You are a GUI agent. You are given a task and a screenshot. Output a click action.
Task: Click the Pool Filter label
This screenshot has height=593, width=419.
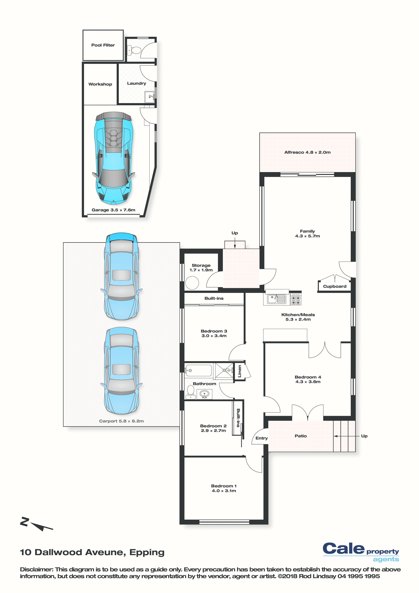click(x=103, y=45)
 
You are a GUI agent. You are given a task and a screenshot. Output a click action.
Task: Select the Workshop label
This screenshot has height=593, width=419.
click(x=100, y=84)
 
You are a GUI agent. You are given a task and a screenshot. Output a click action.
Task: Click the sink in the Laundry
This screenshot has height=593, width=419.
click(x=150, y=97)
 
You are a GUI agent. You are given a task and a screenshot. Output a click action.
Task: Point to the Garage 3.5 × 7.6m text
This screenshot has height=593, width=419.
click(x=113, y=210)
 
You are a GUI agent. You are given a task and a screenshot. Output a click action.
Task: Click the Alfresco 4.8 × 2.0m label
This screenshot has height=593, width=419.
click(x=307, y=152)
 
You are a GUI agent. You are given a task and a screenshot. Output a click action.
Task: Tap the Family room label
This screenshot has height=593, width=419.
click(x=307, y=233)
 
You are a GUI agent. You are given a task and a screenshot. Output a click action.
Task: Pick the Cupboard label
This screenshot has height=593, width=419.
click(x=335, y=286)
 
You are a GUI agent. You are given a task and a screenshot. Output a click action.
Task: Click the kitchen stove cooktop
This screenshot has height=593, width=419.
click(x=296, y=300)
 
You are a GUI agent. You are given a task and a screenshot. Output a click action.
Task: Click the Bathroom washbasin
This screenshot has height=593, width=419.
click(x=204, y=394)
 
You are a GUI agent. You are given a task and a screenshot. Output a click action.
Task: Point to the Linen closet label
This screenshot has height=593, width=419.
click(x=240, y=371)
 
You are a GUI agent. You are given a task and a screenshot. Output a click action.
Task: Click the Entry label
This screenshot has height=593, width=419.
click(x=262, y=438)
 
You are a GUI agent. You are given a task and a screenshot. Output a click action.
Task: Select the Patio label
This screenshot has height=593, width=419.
click(x=301, y=436)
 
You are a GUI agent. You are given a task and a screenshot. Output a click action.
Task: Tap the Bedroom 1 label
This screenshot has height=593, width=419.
click(x=224, y=488)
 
